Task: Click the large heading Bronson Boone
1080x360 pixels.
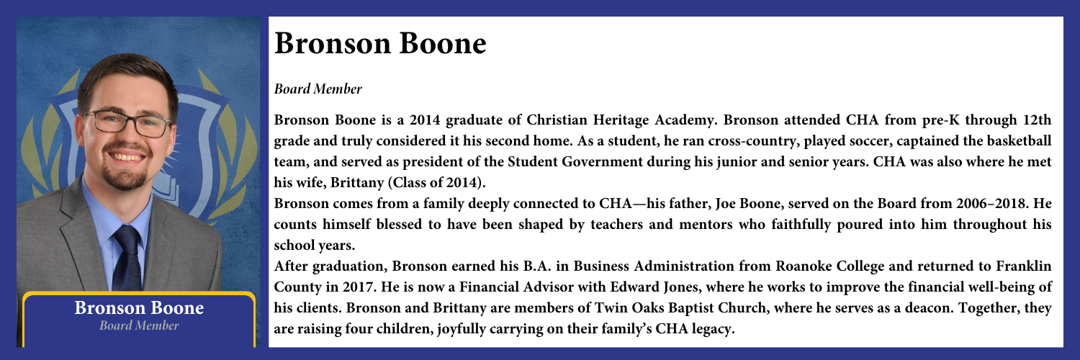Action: tap(379, 45)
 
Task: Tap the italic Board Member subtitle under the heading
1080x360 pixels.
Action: tap(317, 90)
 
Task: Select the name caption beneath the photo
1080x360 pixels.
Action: tap(140, 309)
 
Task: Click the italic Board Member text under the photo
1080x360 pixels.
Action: tap(140, 326)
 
